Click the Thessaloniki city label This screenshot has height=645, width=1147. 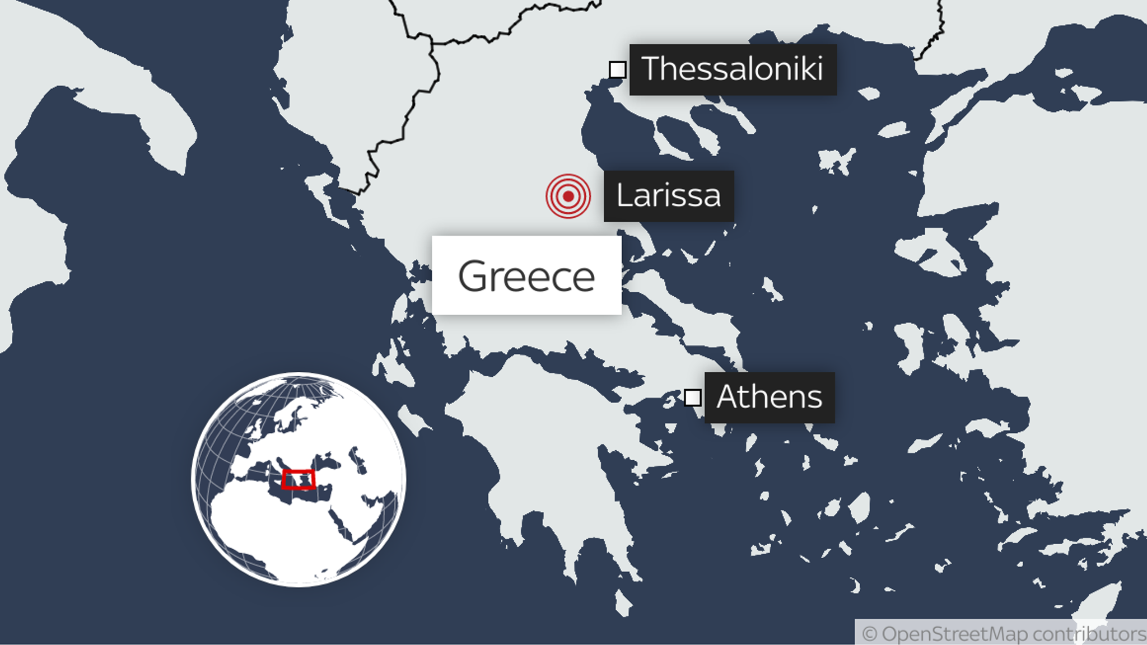coord(733,69)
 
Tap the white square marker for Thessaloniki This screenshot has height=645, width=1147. coord(617,70)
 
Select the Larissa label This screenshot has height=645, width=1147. coord(668,196)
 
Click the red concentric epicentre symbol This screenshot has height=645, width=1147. coord(568,196)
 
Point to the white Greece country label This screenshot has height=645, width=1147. coord(526,275)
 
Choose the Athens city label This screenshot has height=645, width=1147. coord(769,398)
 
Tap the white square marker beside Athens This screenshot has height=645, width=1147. coord(692,398)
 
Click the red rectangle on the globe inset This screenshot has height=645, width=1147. coord(298,480)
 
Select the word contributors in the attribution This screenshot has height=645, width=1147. coord(1089,634)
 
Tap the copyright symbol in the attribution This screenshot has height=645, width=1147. coord(869,634)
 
